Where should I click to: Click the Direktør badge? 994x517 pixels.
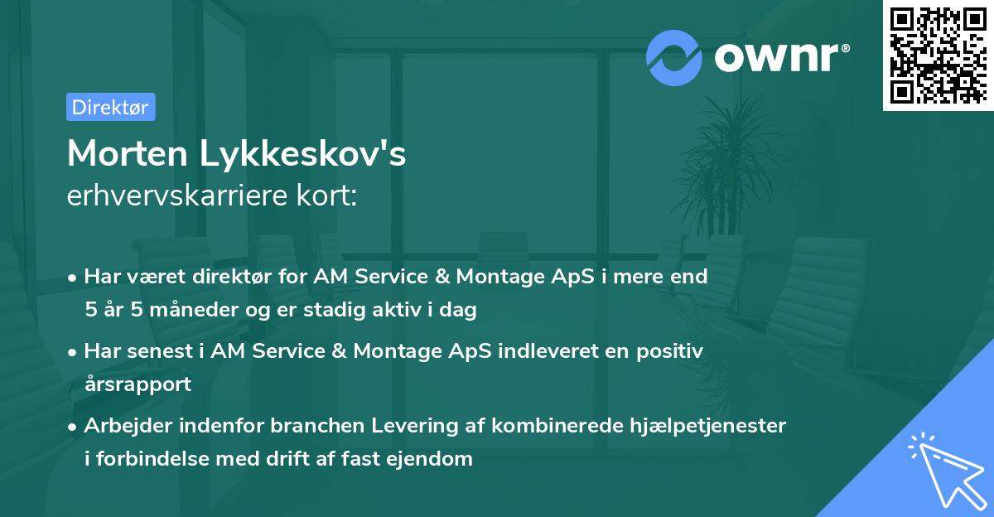[110, 107]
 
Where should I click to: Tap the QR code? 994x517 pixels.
[937, 56]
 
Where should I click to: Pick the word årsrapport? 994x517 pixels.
[138, 384]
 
